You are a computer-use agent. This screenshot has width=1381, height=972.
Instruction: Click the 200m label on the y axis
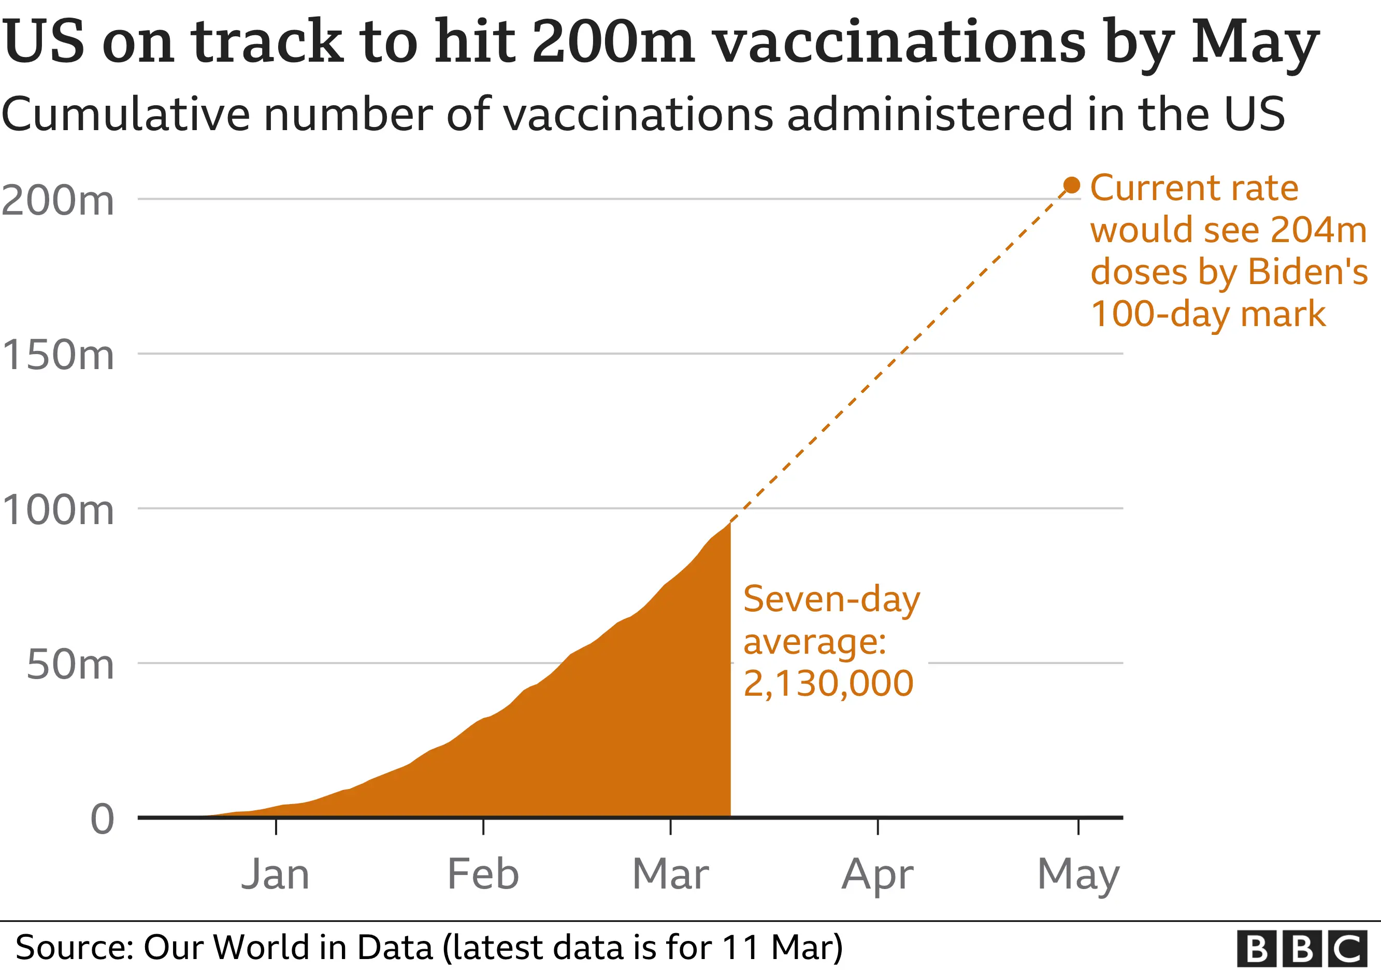click(x=57, y=201)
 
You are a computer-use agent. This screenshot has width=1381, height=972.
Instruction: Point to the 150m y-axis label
click(x=57, y=355)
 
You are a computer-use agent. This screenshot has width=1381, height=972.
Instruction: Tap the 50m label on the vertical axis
click(x=70, y=665)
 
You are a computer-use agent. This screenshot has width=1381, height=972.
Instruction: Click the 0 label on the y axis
click(x=102, y=819)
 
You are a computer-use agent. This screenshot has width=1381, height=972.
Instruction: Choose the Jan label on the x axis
click(x=276, y=874)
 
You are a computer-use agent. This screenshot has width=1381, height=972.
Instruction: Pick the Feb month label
click(x=483, y=874)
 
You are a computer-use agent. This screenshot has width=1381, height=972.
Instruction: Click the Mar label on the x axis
click(x=671, y=874)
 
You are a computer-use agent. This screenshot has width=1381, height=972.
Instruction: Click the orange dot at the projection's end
click(x=1072, y=186)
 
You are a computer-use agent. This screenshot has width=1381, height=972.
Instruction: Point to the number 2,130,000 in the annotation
click(x=828, y=683)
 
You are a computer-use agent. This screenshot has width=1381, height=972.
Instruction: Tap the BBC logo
click(x=1302, y=949)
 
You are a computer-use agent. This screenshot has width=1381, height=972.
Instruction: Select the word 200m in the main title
click(x=613, y=42)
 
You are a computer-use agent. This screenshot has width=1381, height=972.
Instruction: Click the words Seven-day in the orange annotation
click(x=831, y=599)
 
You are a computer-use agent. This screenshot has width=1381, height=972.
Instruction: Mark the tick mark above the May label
click(x=1078, y=826)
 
